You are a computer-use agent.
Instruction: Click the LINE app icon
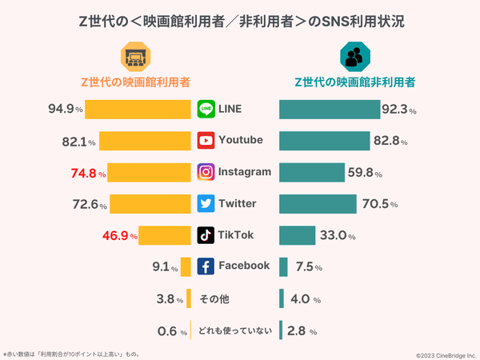[x=206, y=109]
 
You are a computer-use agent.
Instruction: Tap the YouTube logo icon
[x=206, y=140]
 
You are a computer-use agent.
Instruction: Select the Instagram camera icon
[x=206, y=172]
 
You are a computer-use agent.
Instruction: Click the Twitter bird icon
[x=206, y=203]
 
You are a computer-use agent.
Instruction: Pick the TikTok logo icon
[x=206, y=235]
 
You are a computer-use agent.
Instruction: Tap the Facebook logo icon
[x=206, y=266]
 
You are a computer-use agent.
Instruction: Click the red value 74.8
[x=84, y=173]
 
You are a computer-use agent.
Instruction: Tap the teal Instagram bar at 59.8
[x=311, y=172]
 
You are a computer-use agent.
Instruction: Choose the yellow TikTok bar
[x=166, y=235]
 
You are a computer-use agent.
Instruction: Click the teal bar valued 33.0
[x=297, y=235]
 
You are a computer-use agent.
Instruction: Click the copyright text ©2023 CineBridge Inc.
[x=445, y=354]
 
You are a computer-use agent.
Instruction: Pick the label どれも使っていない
[x=236, y=330]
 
